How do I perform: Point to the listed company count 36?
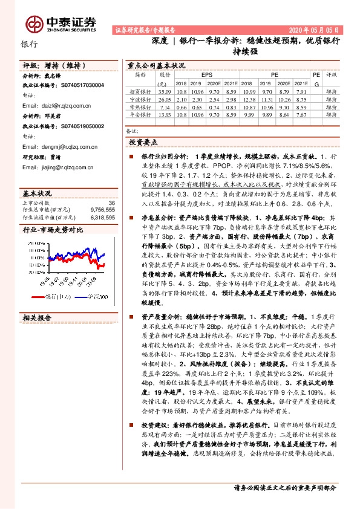tap(111, 203)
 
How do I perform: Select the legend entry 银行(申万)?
tap(56, 296)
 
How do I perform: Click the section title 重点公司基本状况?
tap(156, 65)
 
